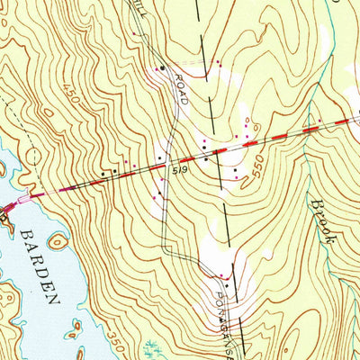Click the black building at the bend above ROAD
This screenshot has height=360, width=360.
[x=161, y=68]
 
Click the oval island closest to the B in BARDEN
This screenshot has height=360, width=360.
[x=58, y=241]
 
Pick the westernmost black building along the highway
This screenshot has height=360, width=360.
[x=104, y=172]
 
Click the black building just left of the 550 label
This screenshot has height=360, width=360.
[x=236, y=170]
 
